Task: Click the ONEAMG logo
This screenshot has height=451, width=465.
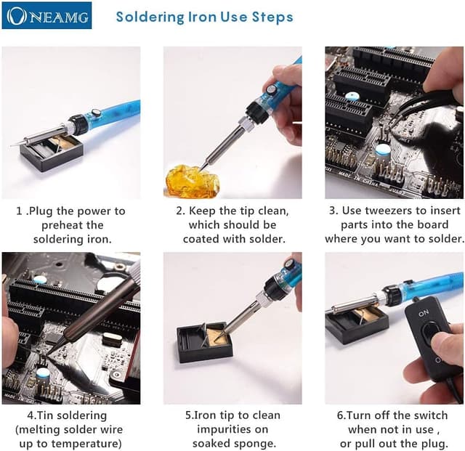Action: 46,15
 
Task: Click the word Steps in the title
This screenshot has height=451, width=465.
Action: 272,17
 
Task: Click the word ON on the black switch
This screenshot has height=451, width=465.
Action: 424,313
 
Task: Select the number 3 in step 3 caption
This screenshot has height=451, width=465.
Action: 333,211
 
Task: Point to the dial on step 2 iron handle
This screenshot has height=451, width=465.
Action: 271,89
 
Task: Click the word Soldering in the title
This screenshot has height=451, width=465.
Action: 150,17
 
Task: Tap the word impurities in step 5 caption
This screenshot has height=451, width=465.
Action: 232,429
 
